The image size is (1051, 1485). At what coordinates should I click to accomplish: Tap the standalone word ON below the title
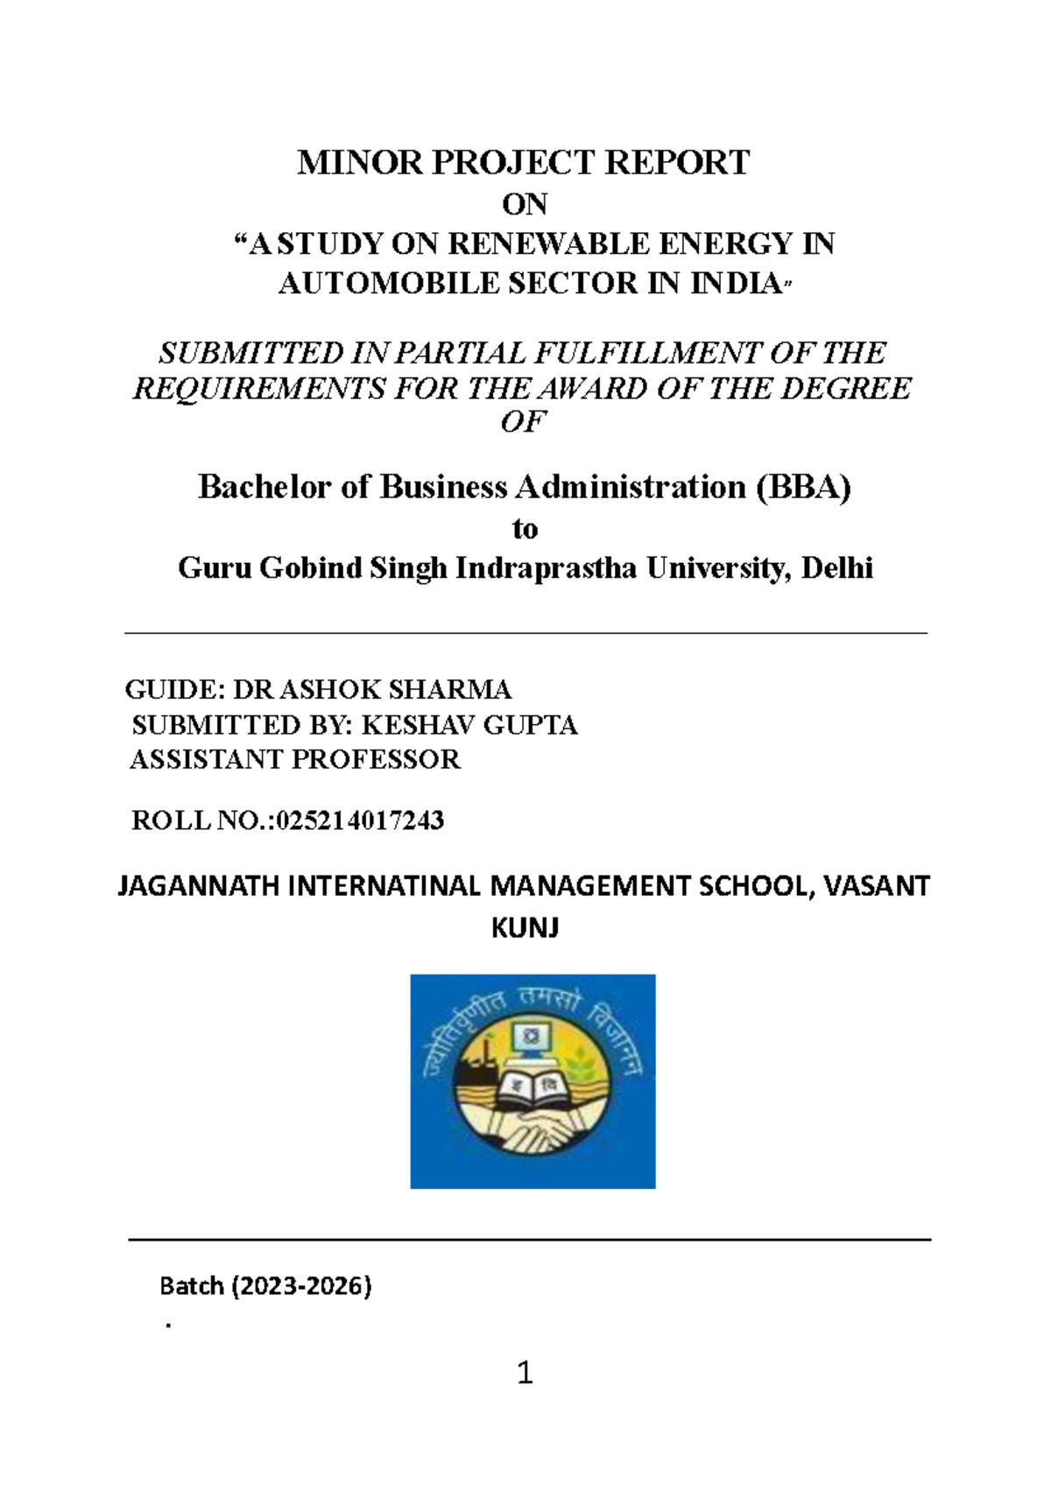click(x=525, y=205)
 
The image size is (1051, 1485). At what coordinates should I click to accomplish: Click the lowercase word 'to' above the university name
click(x=525, y=529)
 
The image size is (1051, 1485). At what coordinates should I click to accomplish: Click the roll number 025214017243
click(x=360, y=820)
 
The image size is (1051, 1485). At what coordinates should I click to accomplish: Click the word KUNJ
click(x=525, y=927)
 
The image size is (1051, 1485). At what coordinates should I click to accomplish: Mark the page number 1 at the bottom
click(x=525, y=1373)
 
